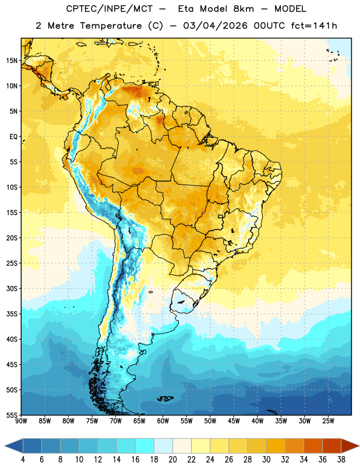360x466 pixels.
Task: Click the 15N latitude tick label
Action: pos(12,61)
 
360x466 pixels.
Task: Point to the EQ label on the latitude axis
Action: pos(13,137)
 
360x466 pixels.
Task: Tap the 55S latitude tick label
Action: pos(12,415)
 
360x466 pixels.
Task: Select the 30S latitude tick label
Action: pos(12,288)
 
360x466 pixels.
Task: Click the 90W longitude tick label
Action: pos(22,421)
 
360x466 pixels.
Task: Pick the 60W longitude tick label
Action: pos(163,421)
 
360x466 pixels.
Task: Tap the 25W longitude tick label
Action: pos(328,421)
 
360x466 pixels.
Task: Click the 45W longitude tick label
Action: pos(234,421)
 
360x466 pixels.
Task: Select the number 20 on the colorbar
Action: pos(172,460)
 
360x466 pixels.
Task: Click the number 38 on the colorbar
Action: pos(341,460)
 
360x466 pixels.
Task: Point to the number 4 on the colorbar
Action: pos(23,460)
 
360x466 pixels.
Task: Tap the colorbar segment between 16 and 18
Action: pos(145,446)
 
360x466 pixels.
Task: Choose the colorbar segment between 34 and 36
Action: pos(313,446)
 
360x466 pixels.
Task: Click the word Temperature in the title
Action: pos(111,26)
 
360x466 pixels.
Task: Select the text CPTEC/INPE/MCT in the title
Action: pos(109,9)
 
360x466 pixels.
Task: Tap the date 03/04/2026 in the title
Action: pos(215,26)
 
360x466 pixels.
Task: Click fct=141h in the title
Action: pos(314,26)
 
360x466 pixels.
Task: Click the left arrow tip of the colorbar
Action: pos(5,446)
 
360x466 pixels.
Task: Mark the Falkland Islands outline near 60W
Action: pos(165,398)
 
